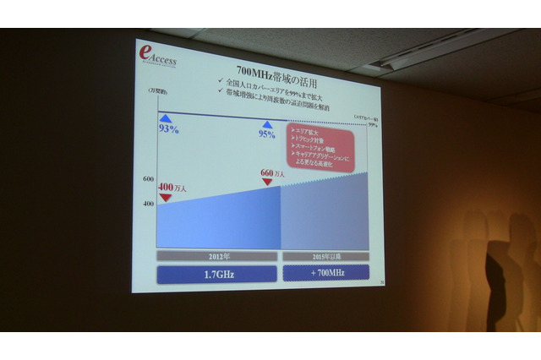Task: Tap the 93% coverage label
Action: click(x=169, y=128)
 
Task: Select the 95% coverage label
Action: click(x=268, y=134)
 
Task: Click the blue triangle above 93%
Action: click(x=167, y=117)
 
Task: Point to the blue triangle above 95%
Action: click(x=267, y=123)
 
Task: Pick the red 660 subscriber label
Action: click(x=271, y=172)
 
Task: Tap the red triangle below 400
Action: click(x=165, y=197)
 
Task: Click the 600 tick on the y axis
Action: click(x=148, y=180)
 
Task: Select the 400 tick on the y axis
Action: click(x=148, y=204)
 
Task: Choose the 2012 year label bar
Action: click(x=217, y=255)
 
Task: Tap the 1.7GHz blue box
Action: click(x=217, y=273)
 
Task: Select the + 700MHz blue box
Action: click(x=325, y=272)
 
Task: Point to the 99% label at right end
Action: click(x=374, y=124)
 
